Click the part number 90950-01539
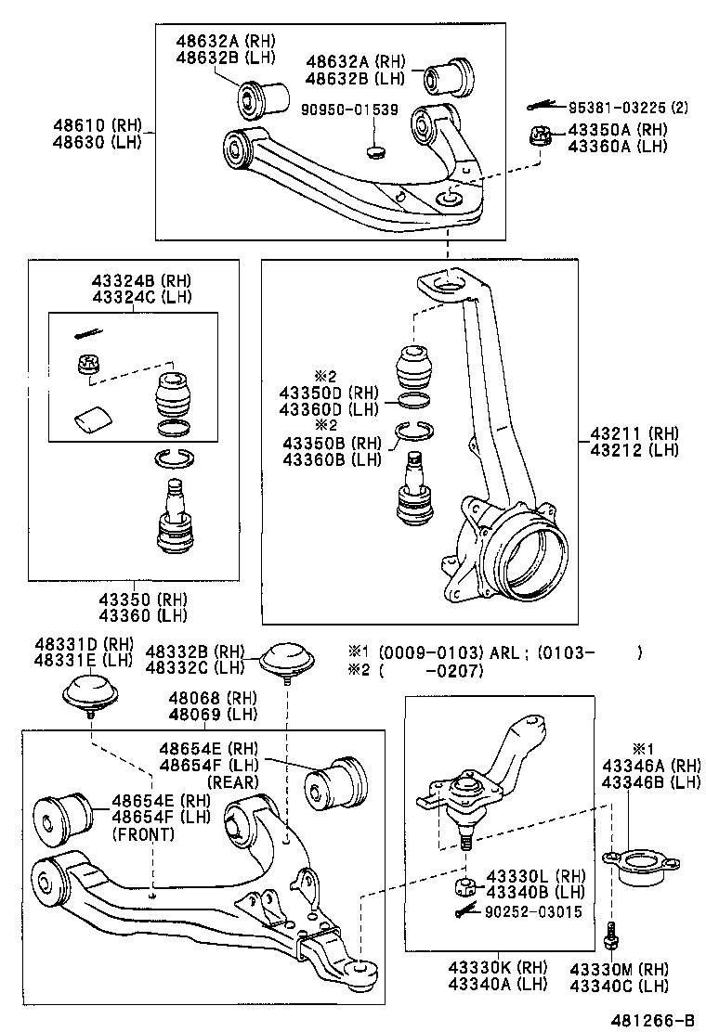point(349,110)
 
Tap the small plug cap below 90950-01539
point(375,149)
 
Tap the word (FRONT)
point(143,834)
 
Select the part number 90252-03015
point(533,912)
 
